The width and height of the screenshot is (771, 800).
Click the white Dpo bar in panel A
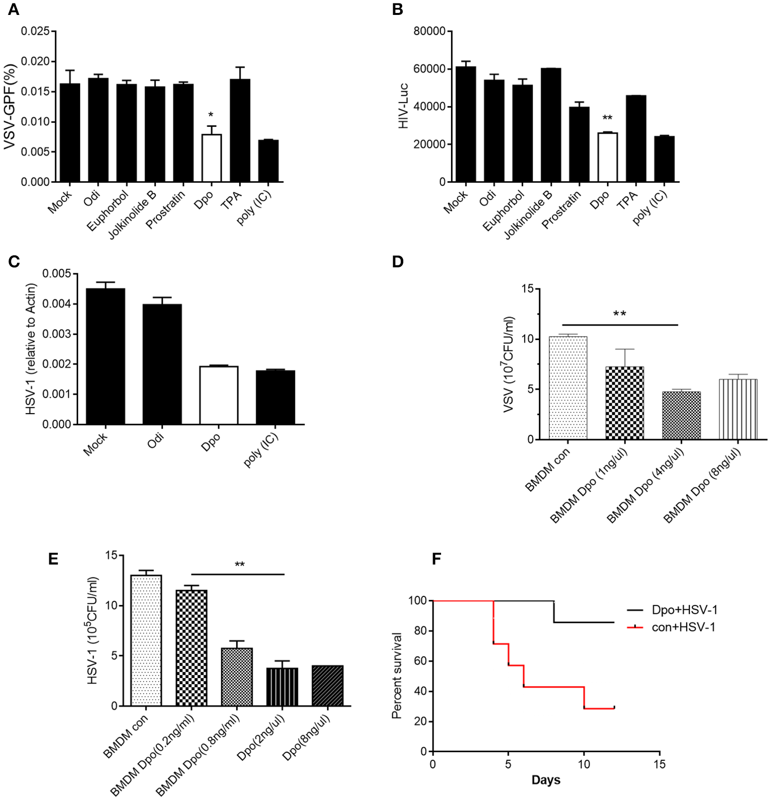pos(212,158)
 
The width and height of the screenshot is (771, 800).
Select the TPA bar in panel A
pos(240,130)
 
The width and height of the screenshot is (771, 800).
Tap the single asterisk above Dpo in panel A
pos(211,115)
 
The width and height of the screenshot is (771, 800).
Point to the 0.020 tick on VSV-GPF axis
pos(35,61)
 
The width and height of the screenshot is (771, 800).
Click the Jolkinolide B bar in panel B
pos(551,125)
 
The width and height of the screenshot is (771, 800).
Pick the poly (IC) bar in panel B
pos(664,159)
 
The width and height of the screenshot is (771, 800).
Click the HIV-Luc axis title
pos(404,106)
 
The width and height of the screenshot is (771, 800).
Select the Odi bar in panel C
pos(162,364)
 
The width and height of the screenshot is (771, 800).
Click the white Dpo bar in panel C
pos(219,395)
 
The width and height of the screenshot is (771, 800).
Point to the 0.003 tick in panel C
pos(56,334)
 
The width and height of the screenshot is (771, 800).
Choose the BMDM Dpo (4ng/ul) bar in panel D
pos(681,415)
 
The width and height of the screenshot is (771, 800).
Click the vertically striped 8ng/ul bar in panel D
pos(738,409)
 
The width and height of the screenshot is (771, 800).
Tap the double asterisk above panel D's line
pos(619,314)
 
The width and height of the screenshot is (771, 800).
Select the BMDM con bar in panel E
pos(146,640)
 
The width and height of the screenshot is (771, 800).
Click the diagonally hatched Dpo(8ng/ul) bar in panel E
pos(327,686)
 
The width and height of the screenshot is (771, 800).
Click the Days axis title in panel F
pos(546,780)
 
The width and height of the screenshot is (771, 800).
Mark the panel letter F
pos(436,559)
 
